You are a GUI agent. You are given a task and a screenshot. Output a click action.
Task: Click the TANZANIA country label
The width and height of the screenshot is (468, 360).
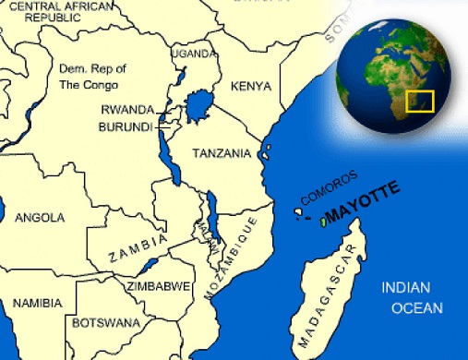tap(221, 153)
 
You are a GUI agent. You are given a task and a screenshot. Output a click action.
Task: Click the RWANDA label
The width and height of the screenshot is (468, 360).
tap(126, 109)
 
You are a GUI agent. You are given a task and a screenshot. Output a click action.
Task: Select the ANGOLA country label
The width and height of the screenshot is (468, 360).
tap(41, 218)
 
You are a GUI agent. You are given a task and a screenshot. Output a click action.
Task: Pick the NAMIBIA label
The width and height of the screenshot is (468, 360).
tap(38, 303)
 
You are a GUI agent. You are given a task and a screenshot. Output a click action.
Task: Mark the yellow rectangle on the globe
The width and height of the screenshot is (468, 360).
tap(420, 101)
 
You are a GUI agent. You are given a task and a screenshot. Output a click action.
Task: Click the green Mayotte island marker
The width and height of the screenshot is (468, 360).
tap(322, 222)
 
